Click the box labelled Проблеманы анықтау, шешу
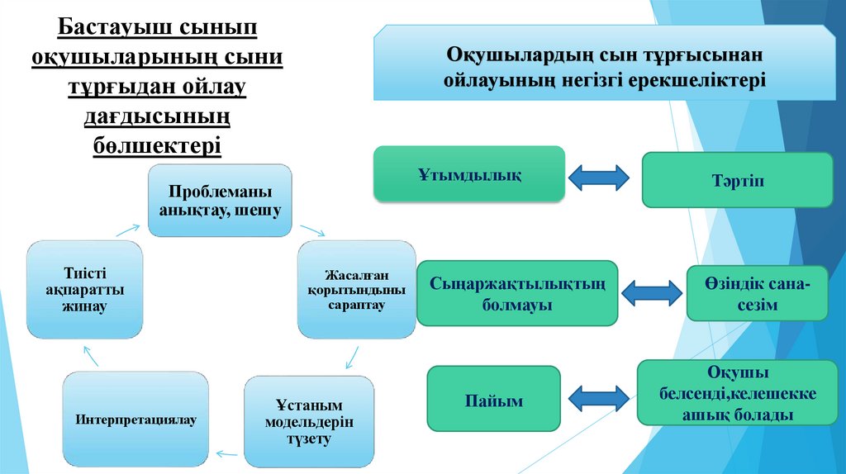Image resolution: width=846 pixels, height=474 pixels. [221, 201]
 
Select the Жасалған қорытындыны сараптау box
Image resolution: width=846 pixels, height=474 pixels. [356, 289]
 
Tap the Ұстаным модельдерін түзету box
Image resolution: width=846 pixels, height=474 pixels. [309, 421]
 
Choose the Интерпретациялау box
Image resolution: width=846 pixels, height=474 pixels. [136, 419]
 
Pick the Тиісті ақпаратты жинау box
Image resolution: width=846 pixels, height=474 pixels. [84, 289]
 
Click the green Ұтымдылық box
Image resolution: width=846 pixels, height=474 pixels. [469, 175]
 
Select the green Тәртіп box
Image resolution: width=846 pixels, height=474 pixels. [737, 180]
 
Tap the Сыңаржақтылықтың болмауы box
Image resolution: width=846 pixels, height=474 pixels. [517, 294]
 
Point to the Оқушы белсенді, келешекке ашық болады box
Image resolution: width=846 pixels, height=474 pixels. [739, 394]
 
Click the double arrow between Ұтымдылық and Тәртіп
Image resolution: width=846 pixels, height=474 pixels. [599, 176]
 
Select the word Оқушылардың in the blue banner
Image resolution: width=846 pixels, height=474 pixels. [502, 55]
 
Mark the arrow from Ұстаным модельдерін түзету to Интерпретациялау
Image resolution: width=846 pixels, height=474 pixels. [225, 451]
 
